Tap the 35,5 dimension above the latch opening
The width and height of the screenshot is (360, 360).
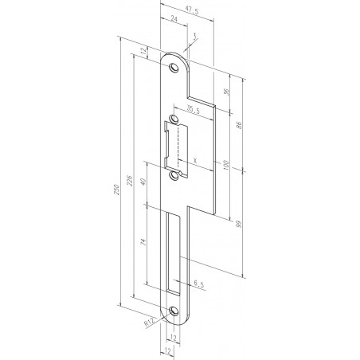click(194, 111)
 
